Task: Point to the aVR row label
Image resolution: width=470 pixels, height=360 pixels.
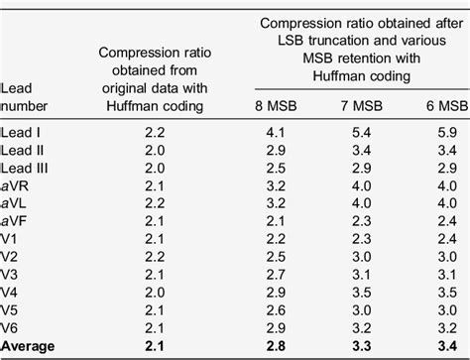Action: pyautogui.click(x=18, y=184)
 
